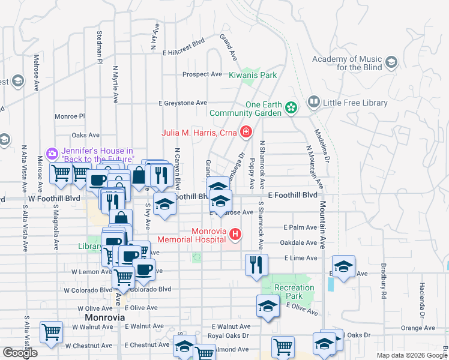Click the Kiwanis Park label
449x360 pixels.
pos(253,76)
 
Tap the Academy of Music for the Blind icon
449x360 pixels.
pos(392,62)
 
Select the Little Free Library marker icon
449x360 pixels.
pos(313,103)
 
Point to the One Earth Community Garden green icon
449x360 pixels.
pos(291,108)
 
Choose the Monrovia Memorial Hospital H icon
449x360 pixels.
pos(235,234)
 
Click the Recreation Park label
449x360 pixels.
pos(294,292)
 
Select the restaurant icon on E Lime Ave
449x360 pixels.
pos(256,264)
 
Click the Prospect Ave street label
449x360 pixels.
pos(202,74)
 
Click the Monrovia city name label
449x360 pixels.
pos(105,317)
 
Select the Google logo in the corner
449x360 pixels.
pos(20,353)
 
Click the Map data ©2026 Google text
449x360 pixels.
pos(411,355)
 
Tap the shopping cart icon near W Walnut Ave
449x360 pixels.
pos(51,331)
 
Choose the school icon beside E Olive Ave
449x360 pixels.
pos(268,306)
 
